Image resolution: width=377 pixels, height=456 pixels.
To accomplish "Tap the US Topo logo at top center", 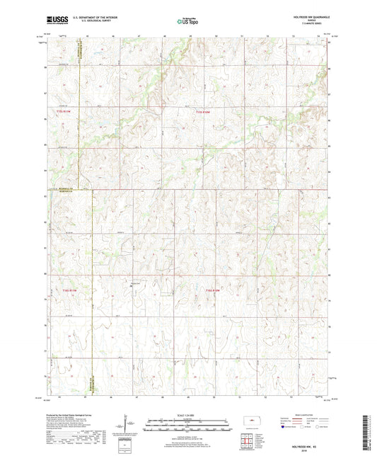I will pos(188,22).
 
